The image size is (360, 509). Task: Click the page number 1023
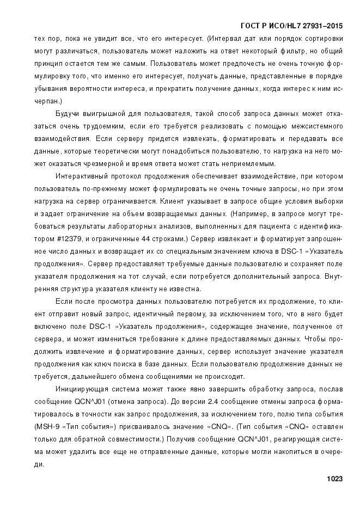pyautogui.click(x=334, y=479)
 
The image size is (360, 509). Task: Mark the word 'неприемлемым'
pyautogui.click(x=252, y=164)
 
